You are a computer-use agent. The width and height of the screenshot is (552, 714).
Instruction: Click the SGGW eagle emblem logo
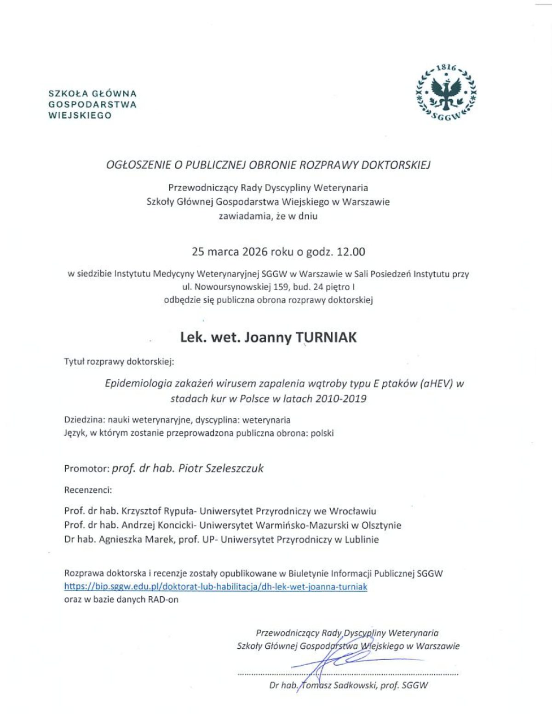point(446,92)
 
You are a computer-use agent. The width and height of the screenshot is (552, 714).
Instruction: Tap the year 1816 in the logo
point(446,68)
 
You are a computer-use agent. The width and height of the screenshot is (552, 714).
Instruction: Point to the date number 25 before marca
point(198,251)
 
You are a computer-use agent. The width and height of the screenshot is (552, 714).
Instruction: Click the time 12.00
point(351,251)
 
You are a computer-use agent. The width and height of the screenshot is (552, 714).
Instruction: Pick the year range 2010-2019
point(341,399)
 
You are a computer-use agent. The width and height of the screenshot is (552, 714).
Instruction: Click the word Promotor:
point(87,468)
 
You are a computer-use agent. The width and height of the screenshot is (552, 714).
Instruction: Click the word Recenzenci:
point(88,490)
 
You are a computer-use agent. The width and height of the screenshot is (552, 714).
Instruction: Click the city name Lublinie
point(363,539)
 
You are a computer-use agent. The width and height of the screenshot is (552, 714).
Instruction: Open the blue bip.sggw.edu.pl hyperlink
point(215,587)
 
